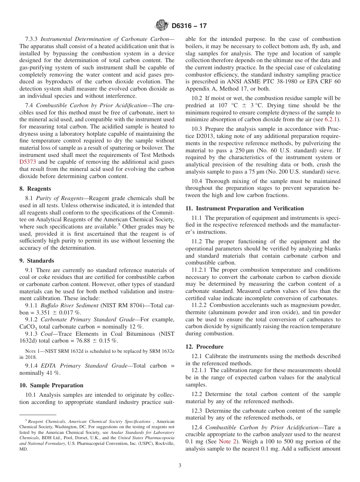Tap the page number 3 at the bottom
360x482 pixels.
[x=180, y=465]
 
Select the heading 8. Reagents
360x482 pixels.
[x=35, y=189]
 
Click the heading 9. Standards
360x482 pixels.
[x=36, y=261]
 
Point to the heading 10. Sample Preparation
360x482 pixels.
[x=51, y=385]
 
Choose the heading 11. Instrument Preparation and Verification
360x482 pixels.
[x=244, y=208]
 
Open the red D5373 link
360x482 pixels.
[x=27, y=162]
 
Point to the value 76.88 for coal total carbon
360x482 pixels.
[x=85, y=341]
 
